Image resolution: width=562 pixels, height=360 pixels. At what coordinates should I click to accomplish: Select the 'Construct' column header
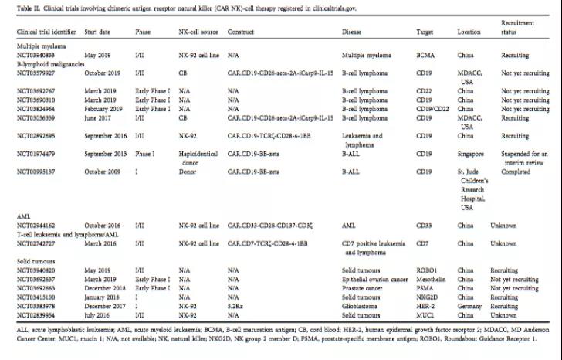click(x=241, y=32)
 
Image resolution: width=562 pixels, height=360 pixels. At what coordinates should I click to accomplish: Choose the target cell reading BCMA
click(x=425, y=56)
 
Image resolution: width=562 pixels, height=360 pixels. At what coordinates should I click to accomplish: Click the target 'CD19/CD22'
click(x=431, y=108)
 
